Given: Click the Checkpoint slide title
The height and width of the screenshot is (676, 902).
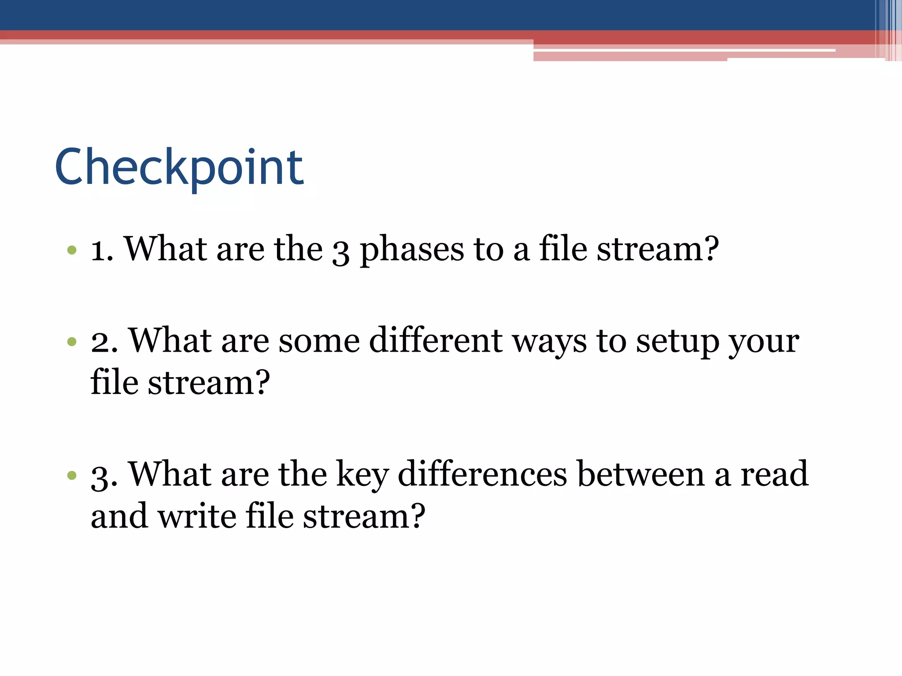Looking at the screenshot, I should click(179, 168).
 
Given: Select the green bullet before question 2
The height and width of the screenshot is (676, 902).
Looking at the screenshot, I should click(72, 342).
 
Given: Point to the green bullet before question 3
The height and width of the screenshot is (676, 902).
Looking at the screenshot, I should click(72, 475).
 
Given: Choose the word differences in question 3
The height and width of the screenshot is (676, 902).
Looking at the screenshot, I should click(482, 474).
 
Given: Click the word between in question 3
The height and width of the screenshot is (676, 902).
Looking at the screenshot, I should click(641, 474).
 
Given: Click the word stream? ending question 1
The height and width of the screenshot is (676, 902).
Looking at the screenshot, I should click(658, 250).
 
